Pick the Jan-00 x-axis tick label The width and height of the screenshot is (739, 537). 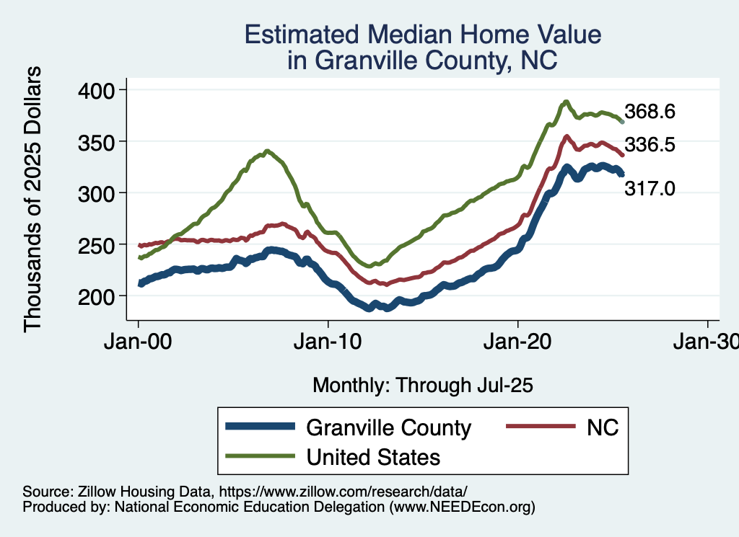click(139, 342)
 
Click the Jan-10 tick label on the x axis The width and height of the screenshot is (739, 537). click(328, 342)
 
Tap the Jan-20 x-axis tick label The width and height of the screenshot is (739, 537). click(518, 342)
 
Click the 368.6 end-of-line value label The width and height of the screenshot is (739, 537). click(650, 112)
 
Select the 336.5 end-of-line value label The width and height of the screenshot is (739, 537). click(650, 145)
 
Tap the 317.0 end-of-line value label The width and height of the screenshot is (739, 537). click(650, 189)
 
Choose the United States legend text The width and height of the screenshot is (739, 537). click(373, 457)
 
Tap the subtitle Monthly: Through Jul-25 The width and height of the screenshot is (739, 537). click(423, 386)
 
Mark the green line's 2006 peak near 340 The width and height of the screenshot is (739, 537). click(268, 151)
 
